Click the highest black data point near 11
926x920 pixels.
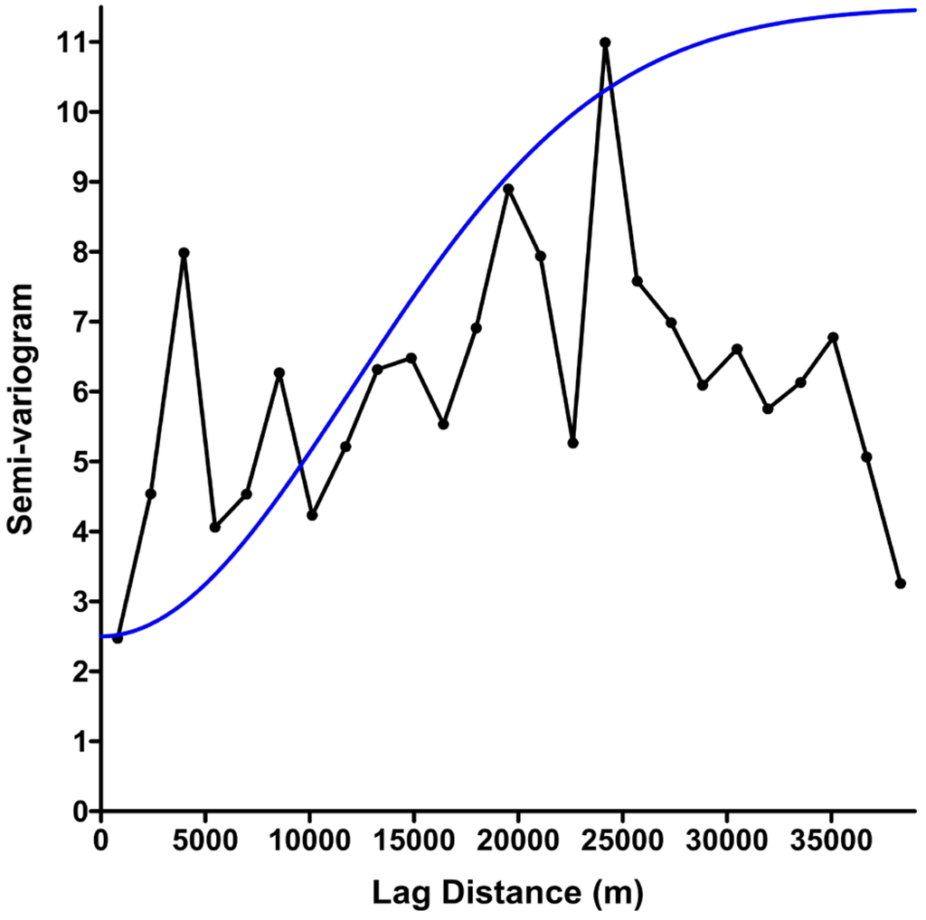605,42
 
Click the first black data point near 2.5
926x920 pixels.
118,638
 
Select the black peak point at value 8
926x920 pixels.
184,253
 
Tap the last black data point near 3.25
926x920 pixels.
900,584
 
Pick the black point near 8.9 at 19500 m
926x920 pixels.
508,189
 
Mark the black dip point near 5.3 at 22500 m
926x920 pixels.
572,443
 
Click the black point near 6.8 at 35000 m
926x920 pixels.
834,337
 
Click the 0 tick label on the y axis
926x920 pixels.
78,812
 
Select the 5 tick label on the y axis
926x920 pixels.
78,462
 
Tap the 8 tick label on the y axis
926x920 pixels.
78,252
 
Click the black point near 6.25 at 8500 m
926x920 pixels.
279,373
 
